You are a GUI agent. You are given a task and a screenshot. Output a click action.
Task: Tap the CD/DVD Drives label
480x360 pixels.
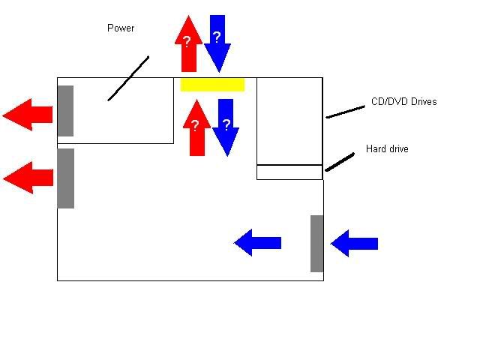point(403,101)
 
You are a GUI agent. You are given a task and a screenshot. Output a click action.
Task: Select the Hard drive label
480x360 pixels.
point(387,149)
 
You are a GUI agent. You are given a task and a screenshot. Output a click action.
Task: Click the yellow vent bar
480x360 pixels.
point(212,84)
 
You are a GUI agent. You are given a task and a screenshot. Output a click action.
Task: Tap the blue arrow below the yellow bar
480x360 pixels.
point(226,127)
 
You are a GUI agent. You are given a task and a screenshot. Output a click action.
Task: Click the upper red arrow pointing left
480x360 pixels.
point(28,115)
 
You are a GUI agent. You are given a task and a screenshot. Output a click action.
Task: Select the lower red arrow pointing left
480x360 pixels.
point(28,178)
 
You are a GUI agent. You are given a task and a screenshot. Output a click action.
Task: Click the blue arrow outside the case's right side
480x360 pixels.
point(354,243)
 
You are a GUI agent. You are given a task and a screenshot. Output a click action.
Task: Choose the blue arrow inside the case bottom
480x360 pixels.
point(257,242)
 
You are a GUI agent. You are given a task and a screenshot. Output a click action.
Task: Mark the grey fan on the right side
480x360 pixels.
point(317,243)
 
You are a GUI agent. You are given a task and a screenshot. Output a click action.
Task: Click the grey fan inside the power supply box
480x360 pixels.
point(65,111)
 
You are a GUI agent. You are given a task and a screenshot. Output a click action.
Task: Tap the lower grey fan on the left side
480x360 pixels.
point(66,178)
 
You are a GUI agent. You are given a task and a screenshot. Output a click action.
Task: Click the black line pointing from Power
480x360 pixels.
point(128,78)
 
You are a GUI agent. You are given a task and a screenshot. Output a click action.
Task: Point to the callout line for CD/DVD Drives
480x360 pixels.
point(345,112)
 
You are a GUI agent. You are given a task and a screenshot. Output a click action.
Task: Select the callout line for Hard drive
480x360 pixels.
point(340,162)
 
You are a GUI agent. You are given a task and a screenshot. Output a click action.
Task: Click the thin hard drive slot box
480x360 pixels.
point(289,172)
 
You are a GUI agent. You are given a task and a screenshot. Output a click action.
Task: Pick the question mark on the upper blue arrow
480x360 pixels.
point(217,37)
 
